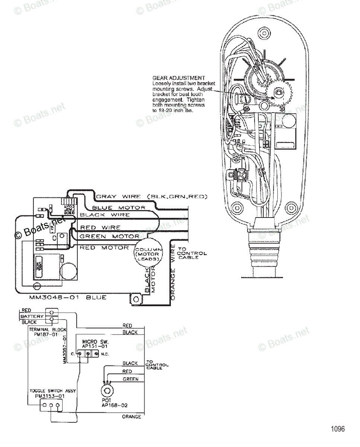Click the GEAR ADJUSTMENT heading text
179,78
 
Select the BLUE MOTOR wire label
118,207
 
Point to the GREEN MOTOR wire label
109,236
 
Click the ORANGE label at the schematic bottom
131,417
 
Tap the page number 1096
338,429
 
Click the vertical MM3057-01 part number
64,349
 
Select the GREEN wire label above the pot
130,379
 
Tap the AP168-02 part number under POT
112,405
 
